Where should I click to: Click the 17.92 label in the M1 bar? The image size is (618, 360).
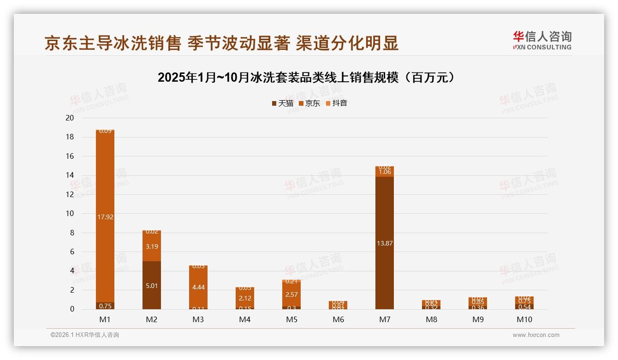[x=106, y=216]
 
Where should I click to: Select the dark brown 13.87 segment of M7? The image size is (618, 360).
[x=385, y=243]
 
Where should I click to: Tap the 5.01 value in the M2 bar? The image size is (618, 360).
[x=152, y=286]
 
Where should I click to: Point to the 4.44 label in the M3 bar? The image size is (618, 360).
[x=198, y=287]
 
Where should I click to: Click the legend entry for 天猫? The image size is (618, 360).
[x=283, y=103]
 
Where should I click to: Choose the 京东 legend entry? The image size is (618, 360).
[x=309, y=103]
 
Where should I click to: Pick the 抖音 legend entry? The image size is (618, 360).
[x=336, y=103]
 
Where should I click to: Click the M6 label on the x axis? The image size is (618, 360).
[x=338, y=319]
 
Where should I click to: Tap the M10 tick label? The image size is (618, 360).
[x=524, y=319]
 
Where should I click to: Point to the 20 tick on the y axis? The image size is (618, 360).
[x=70, y=118]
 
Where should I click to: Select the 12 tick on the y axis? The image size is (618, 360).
[x=70, y=194]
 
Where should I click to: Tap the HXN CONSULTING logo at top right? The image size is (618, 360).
[x=542, y=40]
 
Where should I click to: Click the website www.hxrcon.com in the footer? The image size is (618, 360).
[x=536, y=335]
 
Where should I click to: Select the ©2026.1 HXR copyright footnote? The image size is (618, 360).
[x=84, y=335]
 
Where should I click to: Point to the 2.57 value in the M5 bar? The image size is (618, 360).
[x=291, y=294]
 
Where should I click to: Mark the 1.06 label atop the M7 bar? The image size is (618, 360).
[x=385, y=172]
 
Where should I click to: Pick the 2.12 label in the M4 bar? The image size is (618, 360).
[x=245, y=298]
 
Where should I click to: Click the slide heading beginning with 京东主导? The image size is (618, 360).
[x=221, y=43]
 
